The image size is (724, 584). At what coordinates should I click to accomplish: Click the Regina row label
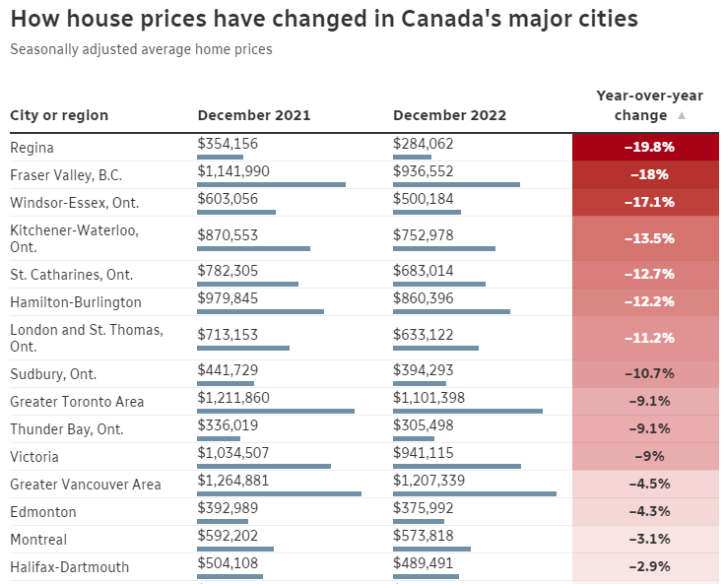pyautogui.click(x=32, y=148)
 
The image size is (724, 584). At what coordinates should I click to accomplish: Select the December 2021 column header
pyautogui.click(x=253, y=115)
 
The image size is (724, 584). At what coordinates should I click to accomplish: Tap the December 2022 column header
pyautogui.click(x=449, y=115)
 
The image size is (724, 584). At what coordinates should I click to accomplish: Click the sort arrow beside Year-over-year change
pyautogui.click(x=682, y=116)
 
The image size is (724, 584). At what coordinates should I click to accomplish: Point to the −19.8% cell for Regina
pyautogui.click(x=648, y=147)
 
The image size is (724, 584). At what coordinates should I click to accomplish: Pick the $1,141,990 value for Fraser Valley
pyautogui.click(x=233, y=171)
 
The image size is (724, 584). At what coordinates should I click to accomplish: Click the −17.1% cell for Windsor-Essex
pyautogui.click(x=648, y=202)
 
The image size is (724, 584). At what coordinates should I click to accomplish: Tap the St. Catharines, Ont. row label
pyautogui.click(x=71, y=275)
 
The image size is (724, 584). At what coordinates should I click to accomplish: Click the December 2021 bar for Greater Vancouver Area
pyautogui.click(x=280, y=493)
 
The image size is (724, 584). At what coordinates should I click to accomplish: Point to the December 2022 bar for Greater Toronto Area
pyautogui.click(x=468, y=411)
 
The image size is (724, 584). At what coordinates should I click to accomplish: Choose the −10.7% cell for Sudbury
pyautogui.click(x=648, y=373)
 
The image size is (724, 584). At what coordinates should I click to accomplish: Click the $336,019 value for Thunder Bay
pyautogui.click(x=228, y=424)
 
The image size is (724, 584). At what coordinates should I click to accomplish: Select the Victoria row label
pyautogui.click(x=34, y=457)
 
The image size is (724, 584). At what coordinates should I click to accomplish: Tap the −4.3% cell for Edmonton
pyautogui.click(x=648, y=511)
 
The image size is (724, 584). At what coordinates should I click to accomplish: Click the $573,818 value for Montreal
pyautogui.click(x=424, y=536)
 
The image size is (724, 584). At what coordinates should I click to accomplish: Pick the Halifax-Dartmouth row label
pyautogui.click(x=69, y=567)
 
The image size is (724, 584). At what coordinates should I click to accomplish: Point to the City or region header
pyautogui.click(x=59, y=115)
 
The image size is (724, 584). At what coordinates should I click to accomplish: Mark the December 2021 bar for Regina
pyautogui.click(x=221, y=157)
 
